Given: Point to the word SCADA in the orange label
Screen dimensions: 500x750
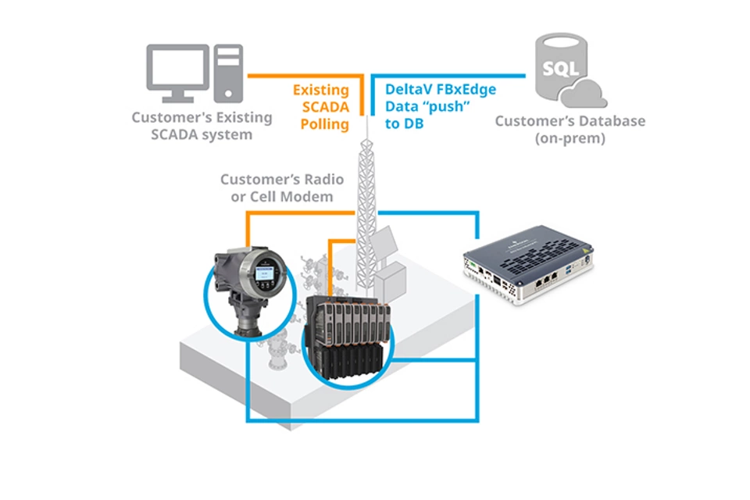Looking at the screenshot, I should click(x=322, y=107).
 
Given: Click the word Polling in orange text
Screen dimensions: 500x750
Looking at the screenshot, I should click(x=323, y=124).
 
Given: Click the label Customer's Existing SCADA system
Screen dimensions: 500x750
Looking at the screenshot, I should click(x=202, y=126).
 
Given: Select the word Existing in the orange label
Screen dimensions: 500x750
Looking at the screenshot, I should click(x=320, y=90).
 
